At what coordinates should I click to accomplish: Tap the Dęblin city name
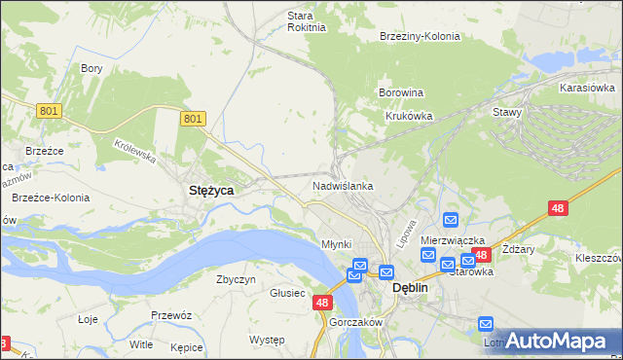coord(410,289)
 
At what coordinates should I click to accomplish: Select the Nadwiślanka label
coord(343,185)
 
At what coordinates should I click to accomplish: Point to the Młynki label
coord(336,243)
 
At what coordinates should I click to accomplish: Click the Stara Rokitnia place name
coord(300,21)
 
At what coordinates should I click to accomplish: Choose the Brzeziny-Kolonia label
coord(420,36)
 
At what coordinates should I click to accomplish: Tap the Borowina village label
coord(401,93)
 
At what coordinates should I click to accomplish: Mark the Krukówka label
coord(408,116)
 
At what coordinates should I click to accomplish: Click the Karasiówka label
coord(585,88)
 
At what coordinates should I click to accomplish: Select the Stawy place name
coord(507,112)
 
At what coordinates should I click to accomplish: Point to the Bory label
coord(92,69)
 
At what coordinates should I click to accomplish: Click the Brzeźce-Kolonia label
coord(51,198)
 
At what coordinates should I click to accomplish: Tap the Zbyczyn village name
coord(236,279)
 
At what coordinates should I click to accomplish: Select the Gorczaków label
coord(354,323)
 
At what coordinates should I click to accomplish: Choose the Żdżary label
coord(520,249)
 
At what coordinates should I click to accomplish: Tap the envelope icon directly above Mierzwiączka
coord(451,221)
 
